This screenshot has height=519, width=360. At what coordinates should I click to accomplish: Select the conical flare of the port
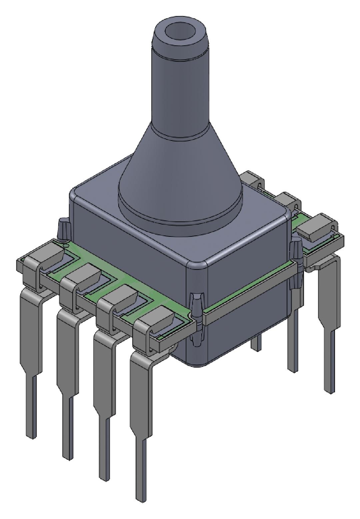[x=180, y=167]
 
